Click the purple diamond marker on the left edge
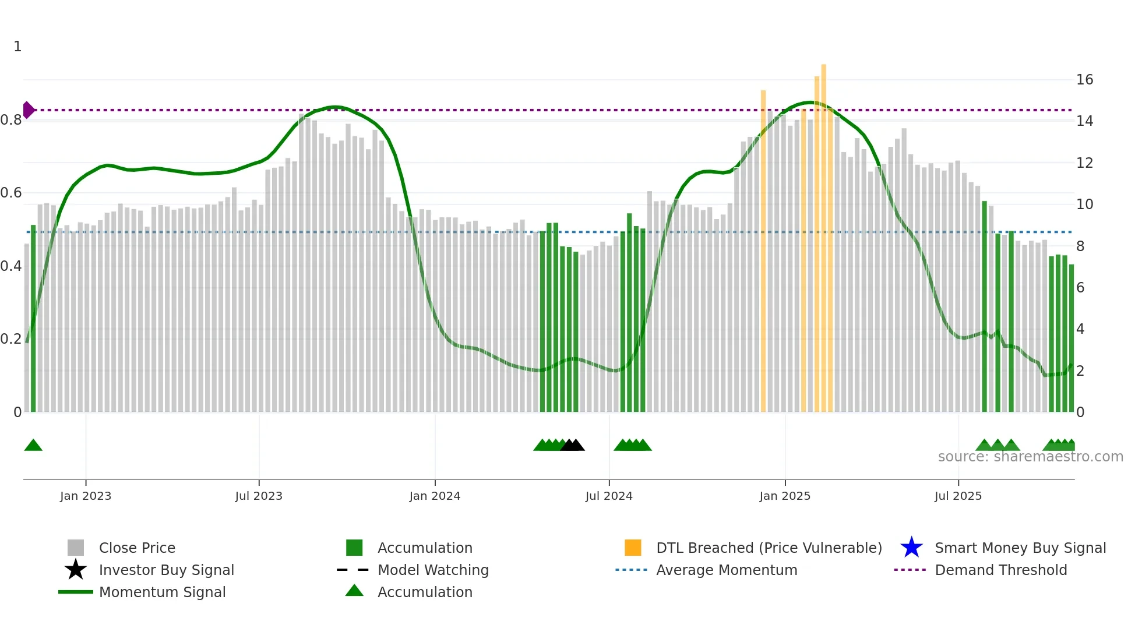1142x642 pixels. (29, 110)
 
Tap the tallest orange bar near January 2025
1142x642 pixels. (823, 233)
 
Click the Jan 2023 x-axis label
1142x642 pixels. (86, 496)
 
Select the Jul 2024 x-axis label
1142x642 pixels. (609, 496)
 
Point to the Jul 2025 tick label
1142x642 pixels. (958, 496)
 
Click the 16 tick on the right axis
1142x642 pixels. (1084, 80)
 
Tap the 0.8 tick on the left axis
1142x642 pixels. (11, 120)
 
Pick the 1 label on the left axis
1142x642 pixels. (17, 47)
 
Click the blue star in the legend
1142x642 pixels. (911, 548)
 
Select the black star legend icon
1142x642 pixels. (76, 570)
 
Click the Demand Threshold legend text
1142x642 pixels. (1000, 570)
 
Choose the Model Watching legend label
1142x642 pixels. (433, 570)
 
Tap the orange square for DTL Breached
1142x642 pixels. (633, 548)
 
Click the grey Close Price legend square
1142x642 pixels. (76, 548)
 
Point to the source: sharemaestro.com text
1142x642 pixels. (1030, 457)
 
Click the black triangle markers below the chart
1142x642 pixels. (572, 445)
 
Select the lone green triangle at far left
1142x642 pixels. (33, 445)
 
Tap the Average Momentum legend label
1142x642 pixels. (727, 570)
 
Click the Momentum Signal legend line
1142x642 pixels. (76, 592)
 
